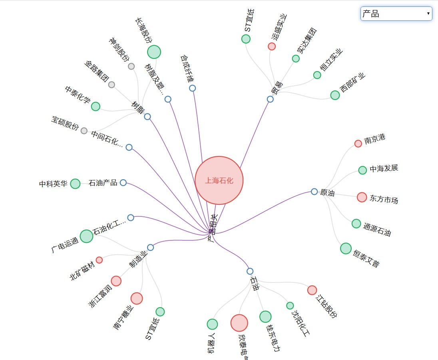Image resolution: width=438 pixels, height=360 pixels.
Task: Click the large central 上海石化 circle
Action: (x=219, y=180)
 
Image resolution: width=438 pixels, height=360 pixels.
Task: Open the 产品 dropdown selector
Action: (x=396, y=14)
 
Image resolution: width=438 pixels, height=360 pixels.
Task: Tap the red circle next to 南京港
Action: (x=358, y=144)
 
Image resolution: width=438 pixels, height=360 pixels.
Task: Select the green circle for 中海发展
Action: (x=362, y=170)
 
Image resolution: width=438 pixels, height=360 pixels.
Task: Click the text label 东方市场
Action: (x=384, y=199)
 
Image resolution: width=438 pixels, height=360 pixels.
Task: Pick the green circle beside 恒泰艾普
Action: (x=346, y=248)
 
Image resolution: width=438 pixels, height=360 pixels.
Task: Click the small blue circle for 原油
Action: (x=314, y=192)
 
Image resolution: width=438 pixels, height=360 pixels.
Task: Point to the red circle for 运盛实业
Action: (x=272, y=46)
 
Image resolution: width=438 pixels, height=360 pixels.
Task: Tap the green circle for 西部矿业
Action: (x=335, y=95)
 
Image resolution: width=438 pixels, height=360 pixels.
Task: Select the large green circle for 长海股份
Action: (x=154, y=52)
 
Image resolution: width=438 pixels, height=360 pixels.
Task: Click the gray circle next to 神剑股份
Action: (x=131, y=66)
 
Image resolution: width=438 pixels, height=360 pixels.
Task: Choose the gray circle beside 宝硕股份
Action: (x=84, y=131)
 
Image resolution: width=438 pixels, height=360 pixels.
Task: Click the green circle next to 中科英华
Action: (x=75, y=184)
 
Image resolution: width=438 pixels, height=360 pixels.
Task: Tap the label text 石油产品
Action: (x=103, y=183)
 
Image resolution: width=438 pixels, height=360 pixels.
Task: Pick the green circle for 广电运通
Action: (x=86, y=236)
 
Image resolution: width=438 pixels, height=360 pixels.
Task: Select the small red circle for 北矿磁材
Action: (x=99, y=260)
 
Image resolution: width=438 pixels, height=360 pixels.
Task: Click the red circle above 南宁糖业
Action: (x=137, y=298)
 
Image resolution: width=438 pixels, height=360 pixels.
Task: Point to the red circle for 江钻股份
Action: (x=312, y=290)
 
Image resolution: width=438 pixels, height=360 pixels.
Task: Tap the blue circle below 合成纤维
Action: (x=192, y=88)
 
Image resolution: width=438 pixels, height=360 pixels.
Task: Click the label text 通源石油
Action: (x=377, y=228)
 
